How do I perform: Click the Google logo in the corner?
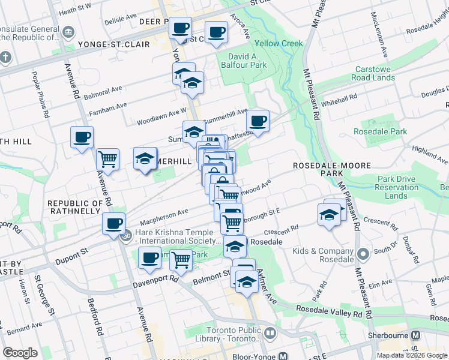pyautogui.click(x=20, y=353)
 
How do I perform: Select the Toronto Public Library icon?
pyautogui.click(x=270, y=332)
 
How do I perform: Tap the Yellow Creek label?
pyautogui.click(x=279, y=44)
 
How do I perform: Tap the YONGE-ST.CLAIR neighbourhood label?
pyautogui.click(x=109, y=44)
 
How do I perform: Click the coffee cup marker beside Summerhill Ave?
pyautogui.click(x=258, y=121)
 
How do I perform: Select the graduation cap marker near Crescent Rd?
pyautogui.click(x=329, y=216)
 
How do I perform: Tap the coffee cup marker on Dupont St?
pyautogui.click(x=113, y=224)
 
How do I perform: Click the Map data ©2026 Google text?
pyautogui.click(x=411, y=355)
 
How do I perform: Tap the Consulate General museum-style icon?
pyautogui.click(x=68, y=31)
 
